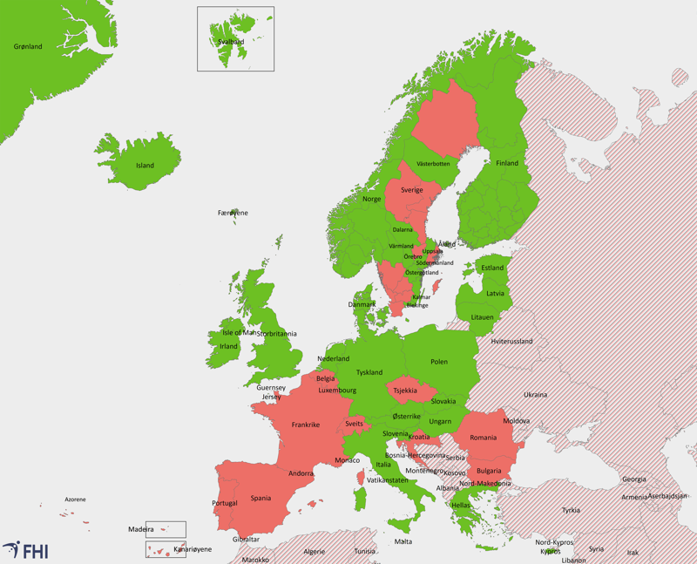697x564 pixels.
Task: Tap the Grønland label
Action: click(28, 46)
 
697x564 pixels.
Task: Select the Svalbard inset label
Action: click(230, 40)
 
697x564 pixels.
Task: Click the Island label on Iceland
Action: click(145, 166)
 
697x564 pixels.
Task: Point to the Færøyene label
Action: click(233, 213)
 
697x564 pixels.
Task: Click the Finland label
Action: click(507, 163)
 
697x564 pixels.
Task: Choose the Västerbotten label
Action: click(433, 164)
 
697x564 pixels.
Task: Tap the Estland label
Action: click(492, 268)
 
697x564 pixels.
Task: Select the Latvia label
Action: click(495, 293)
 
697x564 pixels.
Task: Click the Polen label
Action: click(438, 361)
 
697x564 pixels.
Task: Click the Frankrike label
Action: click(305, 425)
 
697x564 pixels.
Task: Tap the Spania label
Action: click(261, 499)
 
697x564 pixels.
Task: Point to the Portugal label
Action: click(225, 503)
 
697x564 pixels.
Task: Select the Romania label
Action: click(483, 437)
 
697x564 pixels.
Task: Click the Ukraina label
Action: click(535, 394)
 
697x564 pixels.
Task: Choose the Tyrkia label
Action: click(571, 510)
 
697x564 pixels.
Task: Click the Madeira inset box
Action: click(166, 528)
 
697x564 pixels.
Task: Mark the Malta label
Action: click(403, 541)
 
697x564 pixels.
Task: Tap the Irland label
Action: click(228, 346)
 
